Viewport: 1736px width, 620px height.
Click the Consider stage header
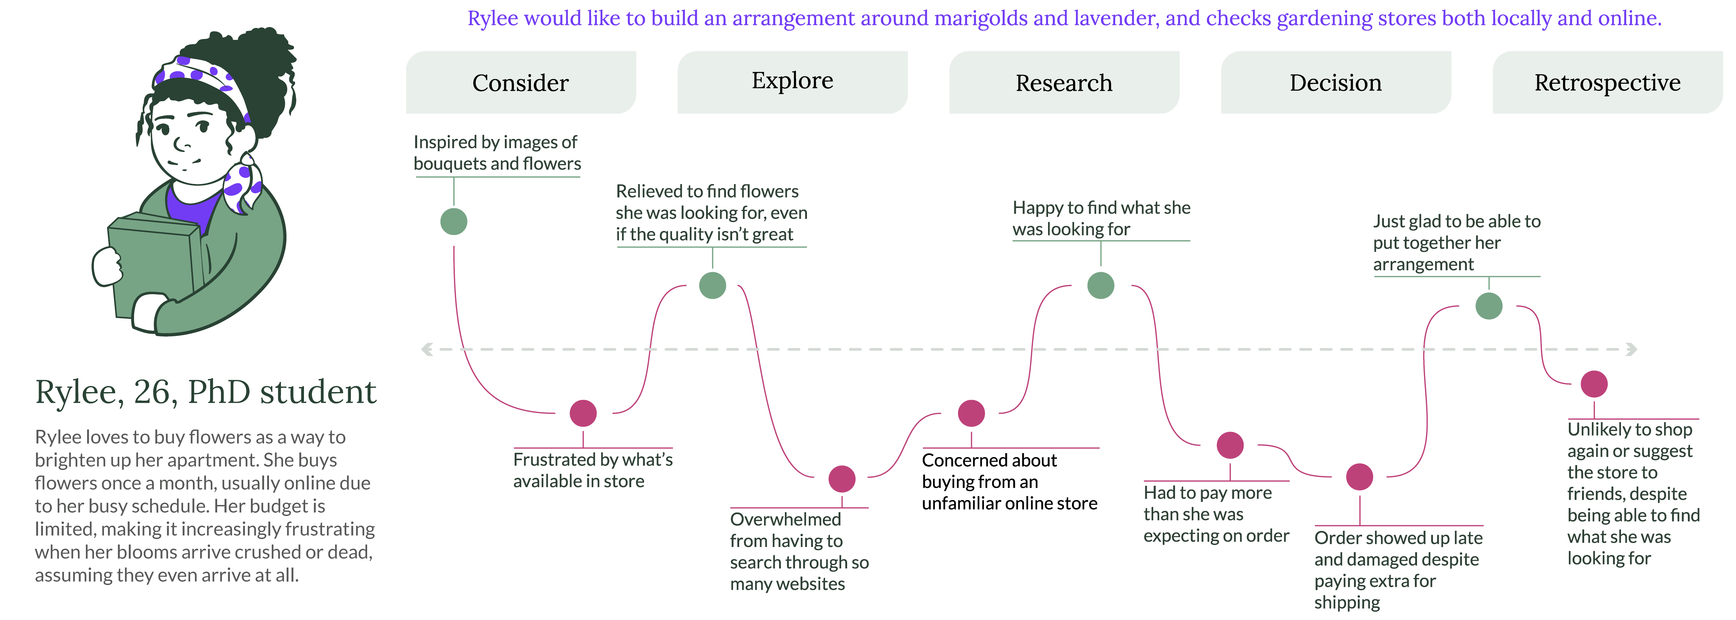point(520,82)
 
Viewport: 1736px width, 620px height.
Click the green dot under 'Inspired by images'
point(454,221)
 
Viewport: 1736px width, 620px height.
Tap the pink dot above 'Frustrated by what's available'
point(583,413)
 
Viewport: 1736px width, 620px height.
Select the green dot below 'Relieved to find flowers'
point(712,285)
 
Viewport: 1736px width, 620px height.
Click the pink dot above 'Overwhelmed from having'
point(842,479)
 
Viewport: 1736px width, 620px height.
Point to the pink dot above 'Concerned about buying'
point(971,413)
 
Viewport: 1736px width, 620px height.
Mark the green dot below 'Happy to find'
point(1100,285)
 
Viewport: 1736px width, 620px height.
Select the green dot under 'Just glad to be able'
point(1489,306)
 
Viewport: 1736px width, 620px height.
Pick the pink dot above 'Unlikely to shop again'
point(1594,384)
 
